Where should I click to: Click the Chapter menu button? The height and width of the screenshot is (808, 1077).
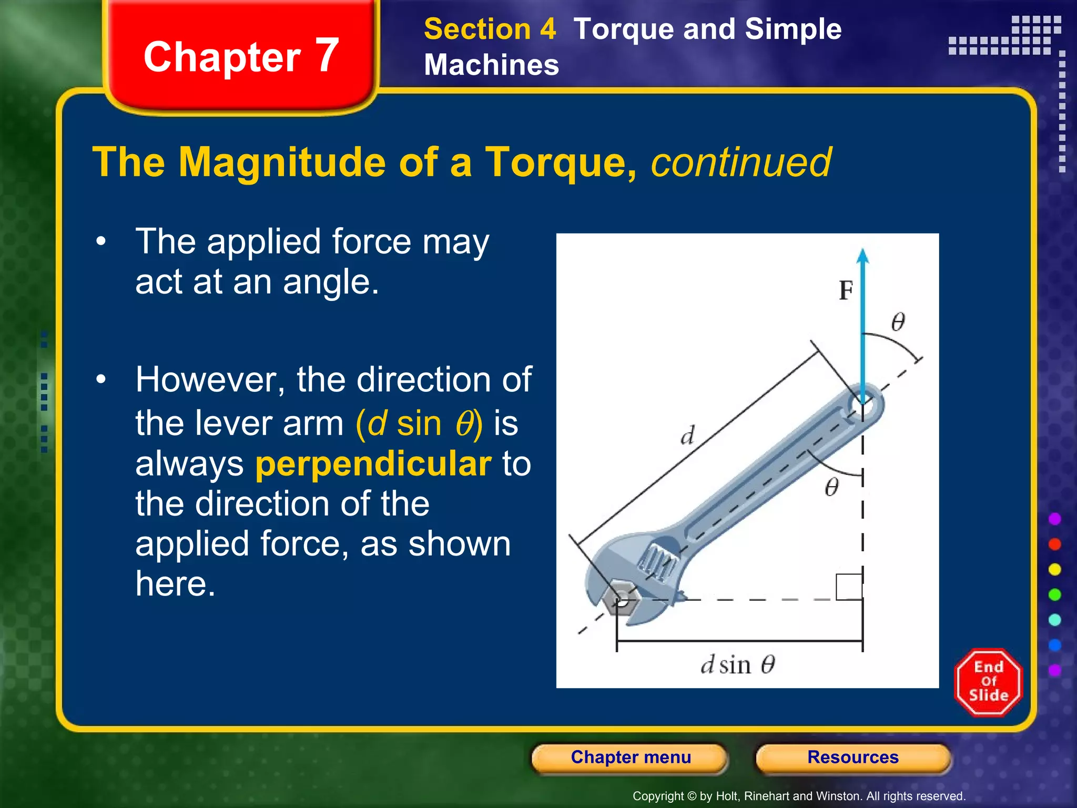pos(630,757)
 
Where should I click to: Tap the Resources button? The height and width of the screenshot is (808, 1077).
pos(852,757)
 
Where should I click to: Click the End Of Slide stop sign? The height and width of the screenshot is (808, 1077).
pos(988,682)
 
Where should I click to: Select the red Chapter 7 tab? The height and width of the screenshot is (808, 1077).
pos(241,56)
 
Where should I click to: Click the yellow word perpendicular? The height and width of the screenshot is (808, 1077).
pos(373,464)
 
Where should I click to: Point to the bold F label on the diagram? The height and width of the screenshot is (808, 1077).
pos(846,290)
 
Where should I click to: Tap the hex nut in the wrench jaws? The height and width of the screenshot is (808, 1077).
pos(621,599)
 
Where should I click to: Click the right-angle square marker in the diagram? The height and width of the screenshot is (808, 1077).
pos(849,587)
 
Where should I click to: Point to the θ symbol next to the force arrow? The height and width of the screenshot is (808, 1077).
pos(898,321)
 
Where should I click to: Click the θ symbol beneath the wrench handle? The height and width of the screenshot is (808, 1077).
pos(831,487)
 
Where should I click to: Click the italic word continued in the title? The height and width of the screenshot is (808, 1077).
pos(741,162)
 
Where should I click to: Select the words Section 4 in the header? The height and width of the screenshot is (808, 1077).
pos(490,29)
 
